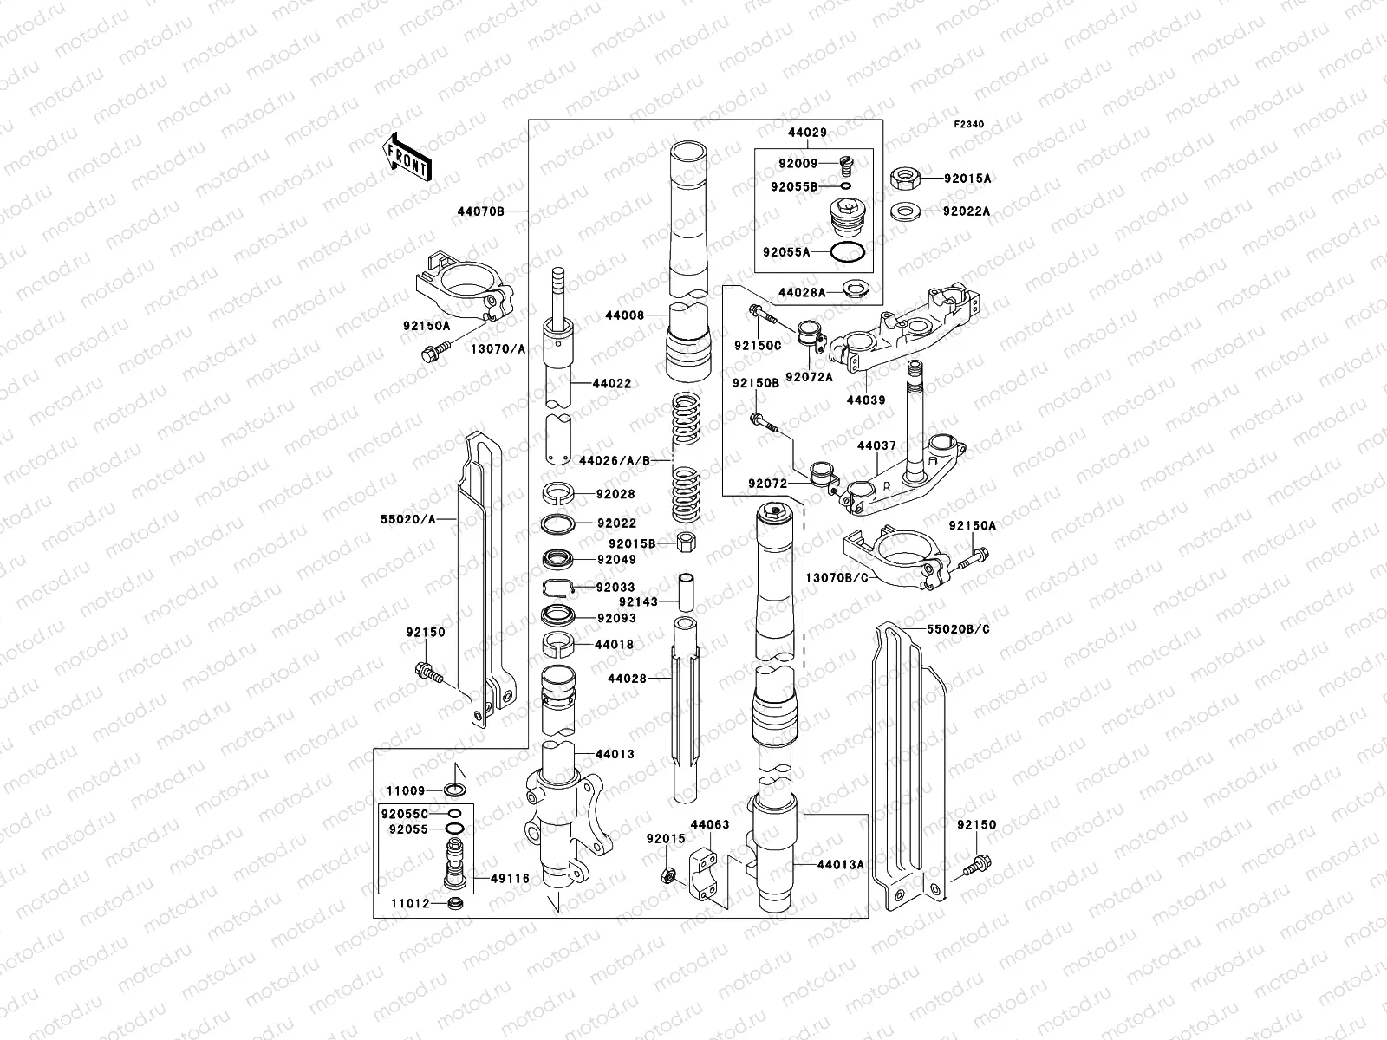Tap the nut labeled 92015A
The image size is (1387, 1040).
coord(904,179)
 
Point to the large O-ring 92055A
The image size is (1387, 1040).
coord(846,252)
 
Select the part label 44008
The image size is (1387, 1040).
coord(626,315)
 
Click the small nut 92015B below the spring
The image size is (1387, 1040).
coord(685,543)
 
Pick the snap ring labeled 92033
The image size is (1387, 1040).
coord(559,588)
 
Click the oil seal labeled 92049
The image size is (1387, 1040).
coord(558,559)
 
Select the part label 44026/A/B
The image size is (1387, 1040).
coord(615,460)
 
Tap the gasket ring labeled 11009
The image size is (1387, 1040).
coord(453,790)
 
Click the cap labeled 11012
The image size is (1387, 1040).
coord(454,905)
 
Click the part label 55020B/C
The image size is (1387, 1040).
coord(958,628)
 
